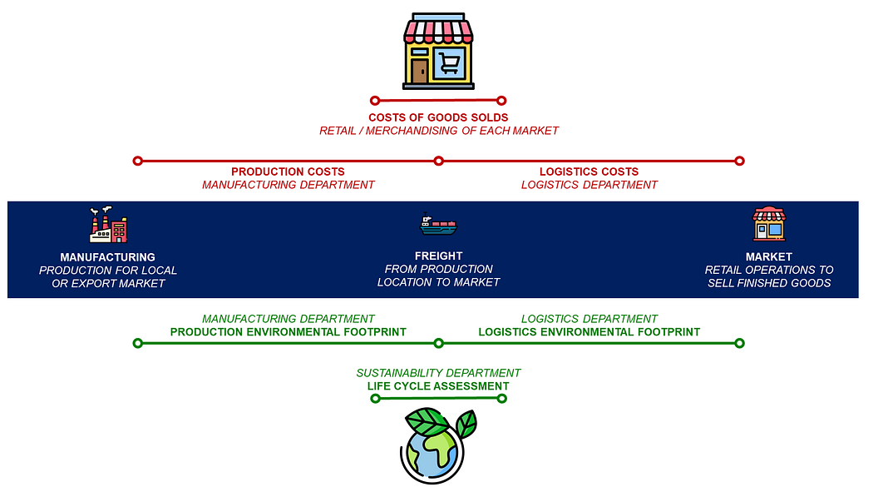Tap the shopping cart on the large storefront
(x=450, y=63)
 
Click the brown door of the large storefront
(x=420, y=71)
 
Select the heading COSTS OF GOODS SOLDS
(x=438, y=117)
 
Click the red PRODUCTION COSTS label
(x=288, y=171)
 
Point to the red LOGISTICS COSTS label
(x=589, y=171)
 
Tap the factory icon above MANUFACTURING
(x=108, y=225)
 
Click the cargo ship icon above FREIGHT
(x=438, y=225)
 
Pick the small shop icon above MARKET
(x=768, y=224)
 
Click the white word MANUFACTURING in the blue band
(x=107, y=257)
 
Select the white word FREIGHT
(x=438, y=256)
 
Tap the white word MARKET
(x=768, y=256)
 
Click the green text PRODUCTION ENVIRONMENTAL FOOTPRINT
(x=288, y=331)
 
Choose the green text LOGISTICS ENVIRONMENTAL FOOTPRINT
(x=589, y=331)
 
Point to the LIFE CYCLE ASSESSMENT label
(x=438, y=386)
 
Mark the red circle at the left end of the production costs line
(x=138, y=161)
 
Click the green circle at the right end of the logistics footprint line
(x=739, y=343)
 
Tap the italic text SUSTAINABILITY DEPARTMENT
(x=438, y=373)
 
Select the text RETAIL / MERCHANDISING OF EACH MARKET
(x=438, y=131)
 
